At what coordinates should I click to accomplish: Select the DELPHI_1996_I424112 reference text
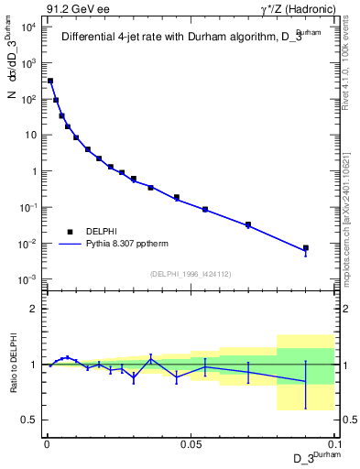(x=190, y=273)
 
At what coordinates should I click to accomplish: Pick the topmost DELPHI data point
(x=50, y=81)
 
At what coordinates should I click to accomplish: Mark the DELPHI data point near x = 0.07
(x=248, y=224)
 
